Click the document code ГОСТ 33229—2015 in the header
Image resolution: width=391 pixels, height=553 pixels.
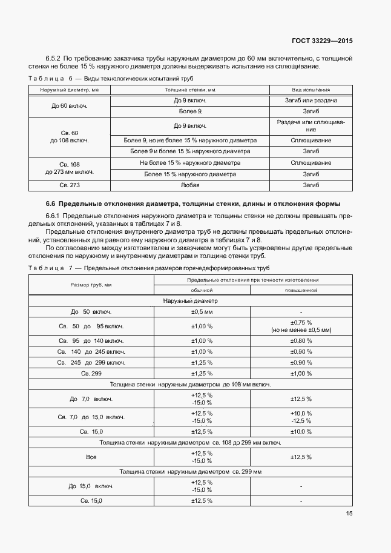click(x=323, y=41)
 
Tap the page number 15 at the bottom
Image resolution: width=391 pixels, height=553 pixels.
click(x=349, y=514)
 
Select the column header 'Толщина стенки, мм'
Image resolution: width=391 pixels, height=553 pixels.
click(x=190, y=90)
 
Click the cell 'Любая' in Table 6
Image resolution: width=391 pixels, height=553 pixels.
click(x=190, y=185)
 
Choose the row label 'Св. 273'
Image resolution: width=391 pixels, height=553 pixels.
click(x=70, y=185)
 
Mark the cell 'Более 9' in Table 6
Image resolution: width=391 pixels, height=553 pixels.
click(x=190, y=111)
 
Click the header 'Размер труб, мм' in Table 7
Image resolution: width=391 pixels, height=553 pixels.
click(x=91, y=285)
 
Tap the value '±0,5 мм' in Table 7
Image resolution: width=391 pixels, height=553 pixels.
click(x=202, y=312)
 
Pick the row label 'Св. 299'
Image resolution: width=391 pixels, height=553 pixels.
click(x=91, y=373)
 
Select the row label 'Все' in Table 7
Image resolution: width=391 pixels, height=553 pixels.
click(x=91, y=457)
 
